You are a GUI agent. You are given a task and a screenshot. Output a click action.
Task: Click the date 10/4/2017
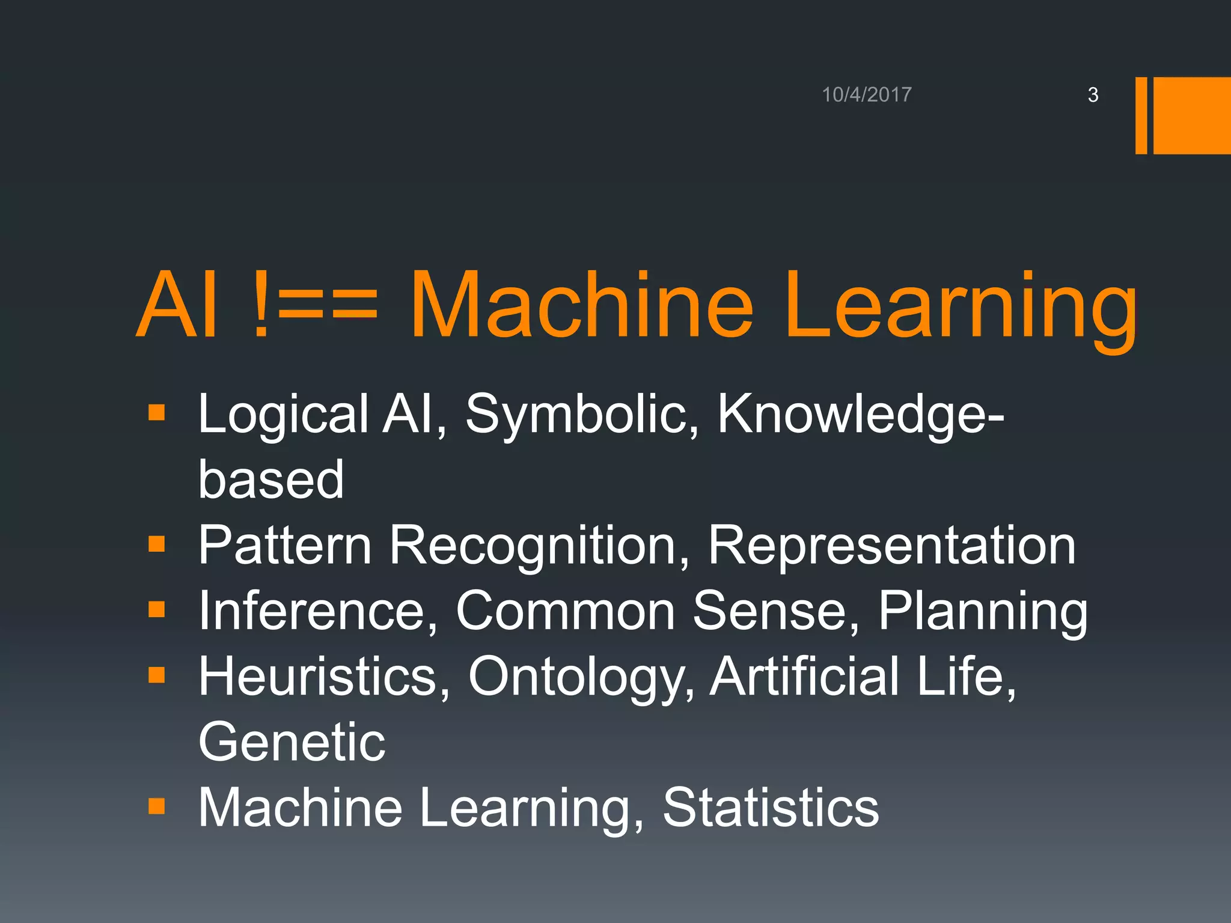tap(866, 95)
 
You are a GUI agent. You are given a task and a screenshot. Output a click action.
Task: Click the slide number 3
tap(1093, 95)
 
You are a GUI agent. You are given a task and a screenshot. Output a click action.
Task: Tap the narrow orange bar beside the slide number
tap(1141, 115)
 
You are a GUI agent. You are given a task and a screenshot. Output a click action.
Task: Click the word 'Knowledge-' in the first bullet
tap(860, 415)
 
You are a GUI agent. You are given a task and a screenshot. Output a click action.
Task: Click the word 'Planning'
tap(983, 611)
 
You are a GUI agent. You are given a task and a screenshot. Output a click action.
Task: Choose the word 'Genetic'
tap(292, 743)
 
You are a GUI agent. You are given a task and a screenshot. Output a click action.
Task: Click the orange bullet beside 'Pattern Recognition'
tap(156, 544)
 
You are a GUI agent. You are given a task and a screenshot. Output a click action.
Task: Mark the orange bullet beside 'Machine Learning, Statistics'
tap(156, 806)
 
